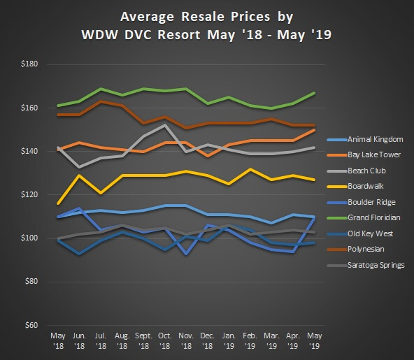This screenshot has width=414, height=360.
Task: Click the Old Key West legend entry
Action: [x=361, y=233]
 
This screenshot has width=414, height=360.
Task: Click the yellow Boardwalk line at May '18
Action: [x=58, y=203]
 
